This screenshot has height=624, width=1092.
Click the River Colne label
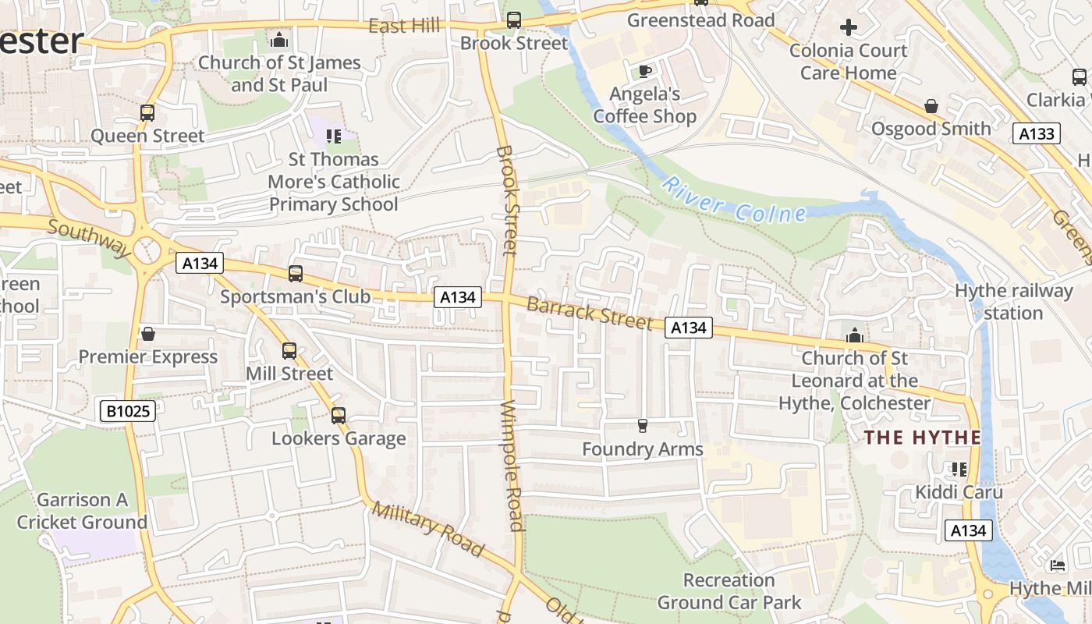732,200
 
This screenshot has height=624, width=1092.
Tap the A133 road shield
1037,133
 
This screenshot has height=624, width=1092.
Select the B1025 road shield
128,411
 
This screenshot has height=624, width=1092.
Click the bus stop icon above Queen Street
147,113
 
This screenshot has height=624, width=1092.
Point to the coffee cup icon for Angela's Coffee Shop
644,72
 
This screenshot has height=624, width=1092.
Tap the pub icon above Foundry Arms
643,426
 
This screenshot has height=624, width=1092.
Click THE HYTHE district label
922,438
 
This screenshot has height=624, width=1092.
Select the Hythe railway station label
1014,302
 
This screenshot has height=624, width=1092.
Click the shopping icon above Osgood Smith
931,106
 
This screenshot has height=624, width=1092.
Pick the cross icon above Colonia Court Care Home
848,28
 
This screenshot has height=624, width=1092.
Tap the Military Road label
427,528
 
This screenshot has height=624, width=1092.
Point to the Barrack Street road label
589,313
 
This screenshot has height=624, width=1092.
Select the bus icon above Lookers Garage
338,416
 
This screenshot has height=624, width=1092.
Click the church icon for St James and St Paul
279,40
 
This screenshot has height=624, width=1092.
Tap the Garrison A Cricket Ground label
82,511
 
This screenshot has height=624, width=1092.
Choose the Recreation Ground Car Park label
729,591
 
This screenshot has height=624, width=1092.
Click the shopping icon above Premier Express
147,335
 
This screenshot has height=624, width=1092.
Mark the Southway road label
89,238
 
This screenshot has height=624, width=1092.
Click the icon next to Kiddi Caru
959,470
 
